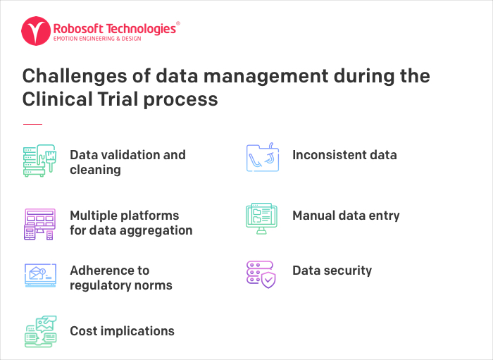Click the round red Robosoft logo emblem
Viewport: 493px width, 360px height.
tap(36, 31)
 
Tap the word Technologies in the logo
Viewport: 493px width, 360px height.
tap(141, 29)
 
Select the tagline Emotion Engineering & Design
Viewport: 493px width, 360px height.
tap(97, 39)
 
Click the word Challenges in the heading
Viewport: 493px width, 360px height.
tap(75, 76)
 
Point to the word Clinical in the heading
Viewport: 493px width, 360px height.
tap(58, 99)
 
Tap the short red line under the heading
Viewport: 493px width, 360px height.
tap(32, 124)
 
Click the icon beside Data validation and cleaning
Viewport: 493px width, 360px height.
tap(39, 161)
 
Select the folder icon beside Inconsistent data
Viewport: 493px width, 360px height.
tap(263, 157)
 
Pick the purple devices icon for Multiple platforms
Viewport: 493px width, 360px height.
tap(39, 224)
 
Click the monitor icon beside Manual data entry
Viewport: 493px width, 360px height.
tap(261, 218)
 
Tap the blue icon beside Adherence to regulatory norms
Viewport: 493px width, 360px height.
tap(40, 275)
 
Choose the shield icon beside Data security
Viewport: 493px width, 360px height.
tap(261, 275)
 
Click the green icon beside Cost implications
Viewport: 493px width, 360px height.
tap(41, 331)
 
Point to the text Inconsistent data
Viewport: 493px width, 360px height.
tap(344, 155)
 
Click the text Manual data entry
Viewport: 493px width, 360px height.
tap(347, 216)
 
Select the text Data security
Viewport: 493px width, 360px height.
tap(332, 271)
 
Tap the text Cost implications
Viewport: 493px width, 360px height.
tap(122, 331)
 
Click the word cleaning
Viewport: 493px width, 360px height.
tap(95, 170)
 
